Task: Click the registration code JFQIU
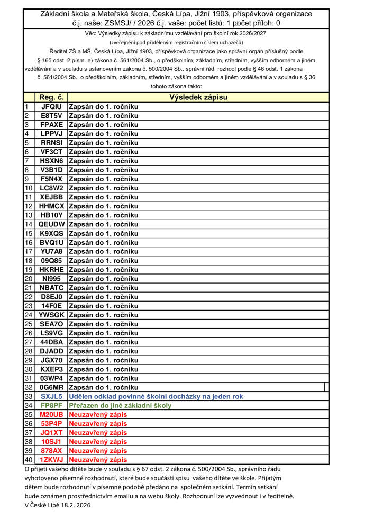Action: click(51, 106)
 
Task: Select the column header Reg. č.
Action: click(51, 97)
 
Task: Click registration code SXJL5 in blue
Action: click(51, 396)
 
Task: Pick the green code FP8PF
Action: click(51, 405)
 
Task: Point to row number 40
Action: click(29, 460)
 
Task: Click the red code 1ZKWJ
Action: click(51, 460)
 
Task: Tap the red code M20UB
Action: click(51, 414)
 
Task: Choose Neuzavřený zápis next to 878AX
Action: click(98, 451)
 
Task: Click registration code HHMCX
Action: click(51, 206)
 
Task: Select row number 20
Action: click(29, 278)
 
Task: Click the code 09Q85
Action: click(51, 260)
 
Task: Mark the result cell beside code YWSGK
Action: click(104, 315)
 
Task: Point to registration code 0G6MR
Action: click(51, 387)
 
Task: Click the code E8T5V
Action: click(51, 115)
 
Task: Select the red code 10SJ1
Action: click(51, 442)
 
